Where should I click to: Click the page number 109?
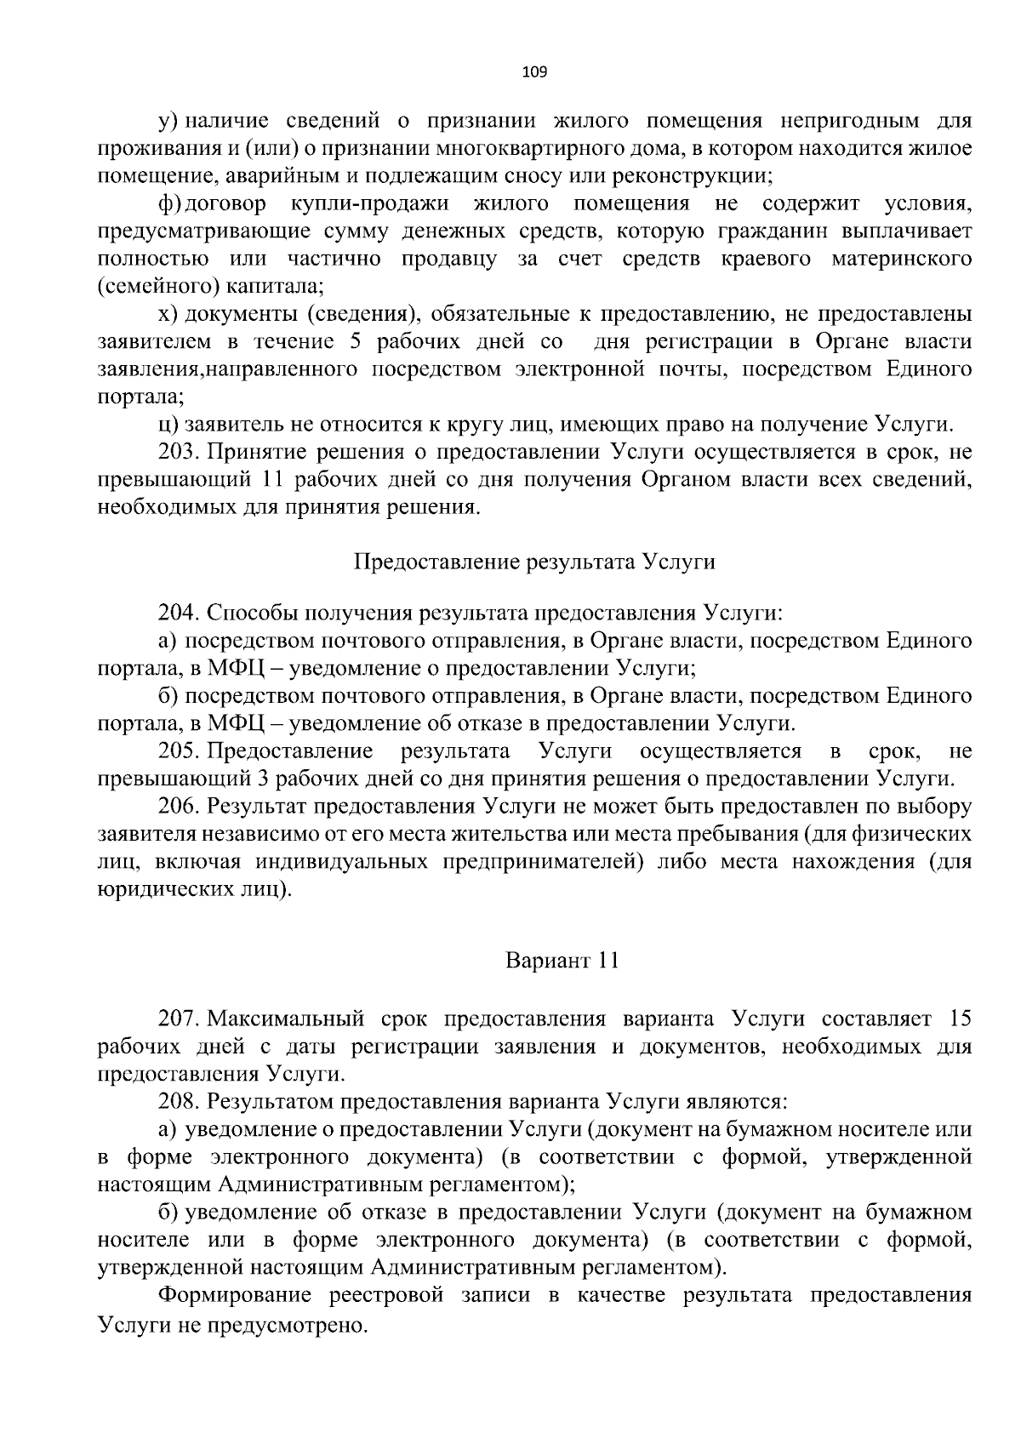pos(534,71)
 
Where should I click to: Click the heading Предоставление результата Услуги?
pos(534,562)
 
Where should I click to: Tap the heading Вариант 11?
pos(562,961)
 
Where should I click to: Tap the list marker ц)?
pos(168,425)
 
